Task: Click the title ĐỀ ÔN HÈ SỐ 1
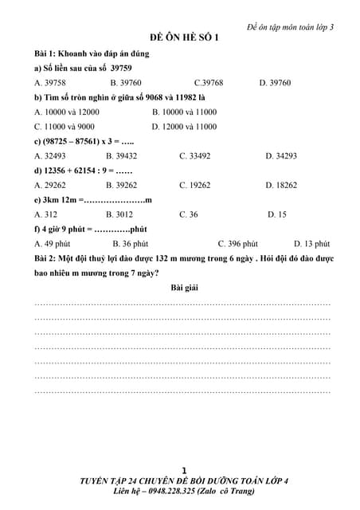pos(185,37)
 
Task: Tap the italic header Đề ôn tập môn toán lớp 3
pos(290,25)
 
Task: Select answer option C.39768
pos(209,82)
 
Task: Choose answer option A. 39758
pos(50,82)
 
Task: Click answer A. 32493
pos(50,155)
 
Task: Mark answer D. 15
pos(277,214)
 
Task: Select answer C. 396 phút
pos(237,244)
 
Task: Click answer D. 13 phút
pos(311,244)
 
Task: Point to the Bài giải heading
pos(185,288)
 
